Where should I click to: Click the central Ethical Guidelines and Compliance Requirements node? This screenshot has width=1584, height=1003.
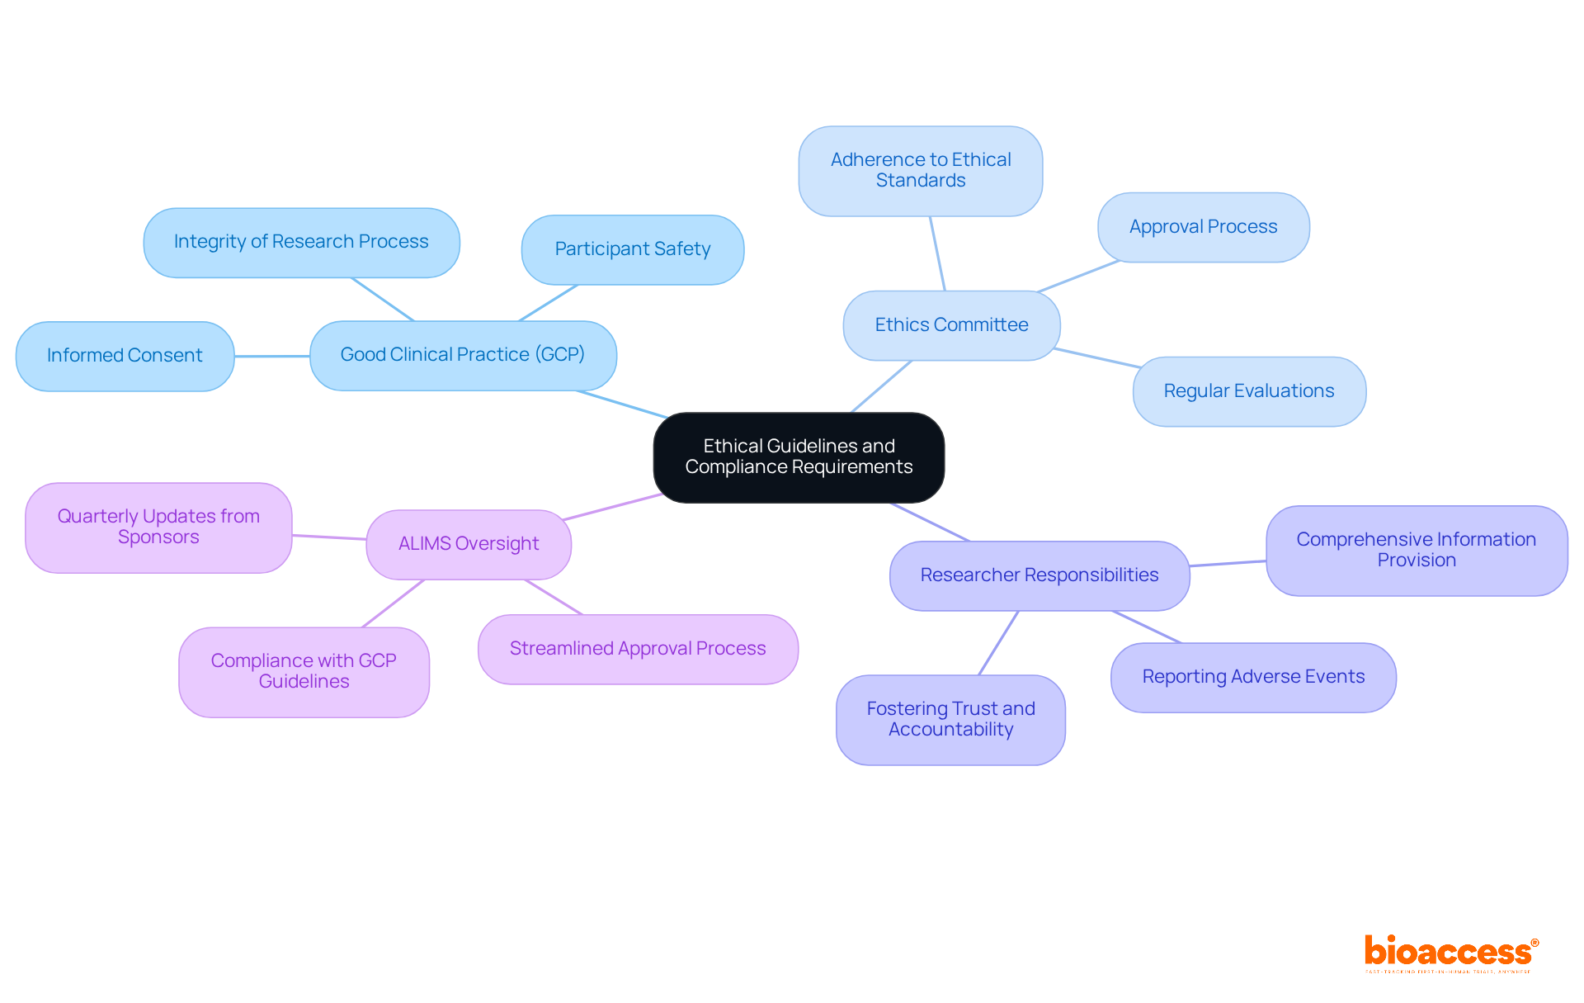click(x=799, y=457)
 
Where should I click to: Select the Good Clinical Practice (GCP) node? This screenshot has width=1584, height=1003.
click(x=463, y=355)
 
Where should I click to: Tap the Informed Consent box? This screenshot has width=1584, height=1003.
click(x=125, y=356)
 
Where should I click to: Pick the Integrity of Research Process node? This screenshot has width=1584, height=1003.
click(x=301, y=242)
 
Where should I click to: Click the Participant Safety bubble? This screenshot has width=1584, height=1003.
click(x=632, y=249)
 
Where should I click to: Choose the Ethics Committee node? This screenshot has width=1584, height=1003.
click(x=951, y=325)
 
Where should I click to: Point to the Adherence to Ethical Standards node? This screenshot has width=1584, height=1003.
click(x=920, y=171)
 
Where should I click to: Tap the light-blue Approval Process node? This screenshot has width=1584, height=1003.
click(x=1203, y=227)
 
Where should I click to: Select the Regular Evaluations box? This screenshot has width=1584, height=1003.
click(x=1248, y=391)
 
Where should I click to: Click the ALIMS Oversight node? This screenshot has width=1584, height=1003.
click(x=468, y=544)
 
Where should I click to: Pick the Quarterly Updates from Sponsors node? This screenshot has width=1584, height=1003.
click(x=158, y=527)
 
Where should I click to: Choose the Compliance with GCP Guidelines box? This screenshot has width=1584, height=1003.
click(x=304, y=671)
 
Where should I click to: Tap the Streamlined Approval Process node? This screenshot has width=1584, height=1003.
click(x=638, y=649)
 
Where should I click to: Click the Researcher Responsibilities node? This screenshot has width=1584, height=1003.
click(x=1039, y=575)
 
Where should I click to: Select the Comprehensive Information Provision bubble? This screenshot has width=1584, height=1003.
click(x=1416, y=550)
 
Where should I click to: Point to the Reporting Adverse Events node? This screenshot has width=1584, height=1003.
click(x=1252, y=677)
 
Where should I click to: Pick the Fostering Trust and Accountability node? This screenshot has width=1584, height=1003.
click(x=950, y=719)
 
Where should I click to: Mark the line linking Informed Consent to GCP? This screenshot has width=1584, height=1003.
click(x=271, y=357)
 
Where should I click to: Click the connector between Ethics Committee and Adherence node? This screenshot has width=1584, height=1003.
click(x=937, y=253)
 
